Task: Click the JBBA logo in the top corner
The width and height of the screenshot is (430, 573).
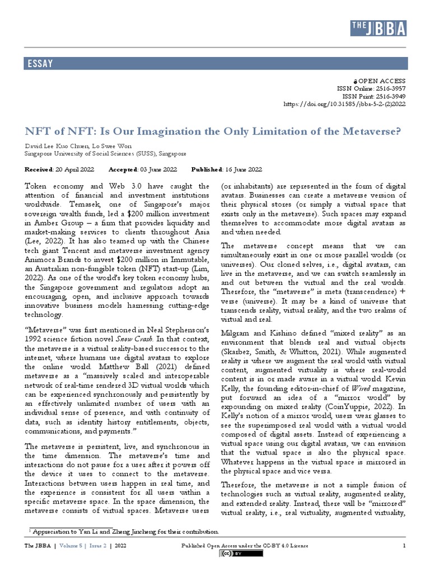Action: pos(379,28)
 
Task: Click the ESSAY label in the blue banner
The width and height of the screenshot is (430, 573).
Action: pos(40,63)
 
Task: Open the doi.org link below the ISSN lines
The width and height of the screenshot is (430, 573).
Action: pos(345,104)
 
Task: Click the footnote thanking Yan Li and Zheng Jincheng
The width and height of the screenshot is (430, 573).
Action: pos(124,532)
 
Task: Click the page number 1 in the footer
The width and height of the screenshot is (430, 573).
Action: pos(404,546)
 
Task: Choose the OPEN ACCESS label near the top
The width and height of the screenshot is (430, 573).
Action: pos(381,81)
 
